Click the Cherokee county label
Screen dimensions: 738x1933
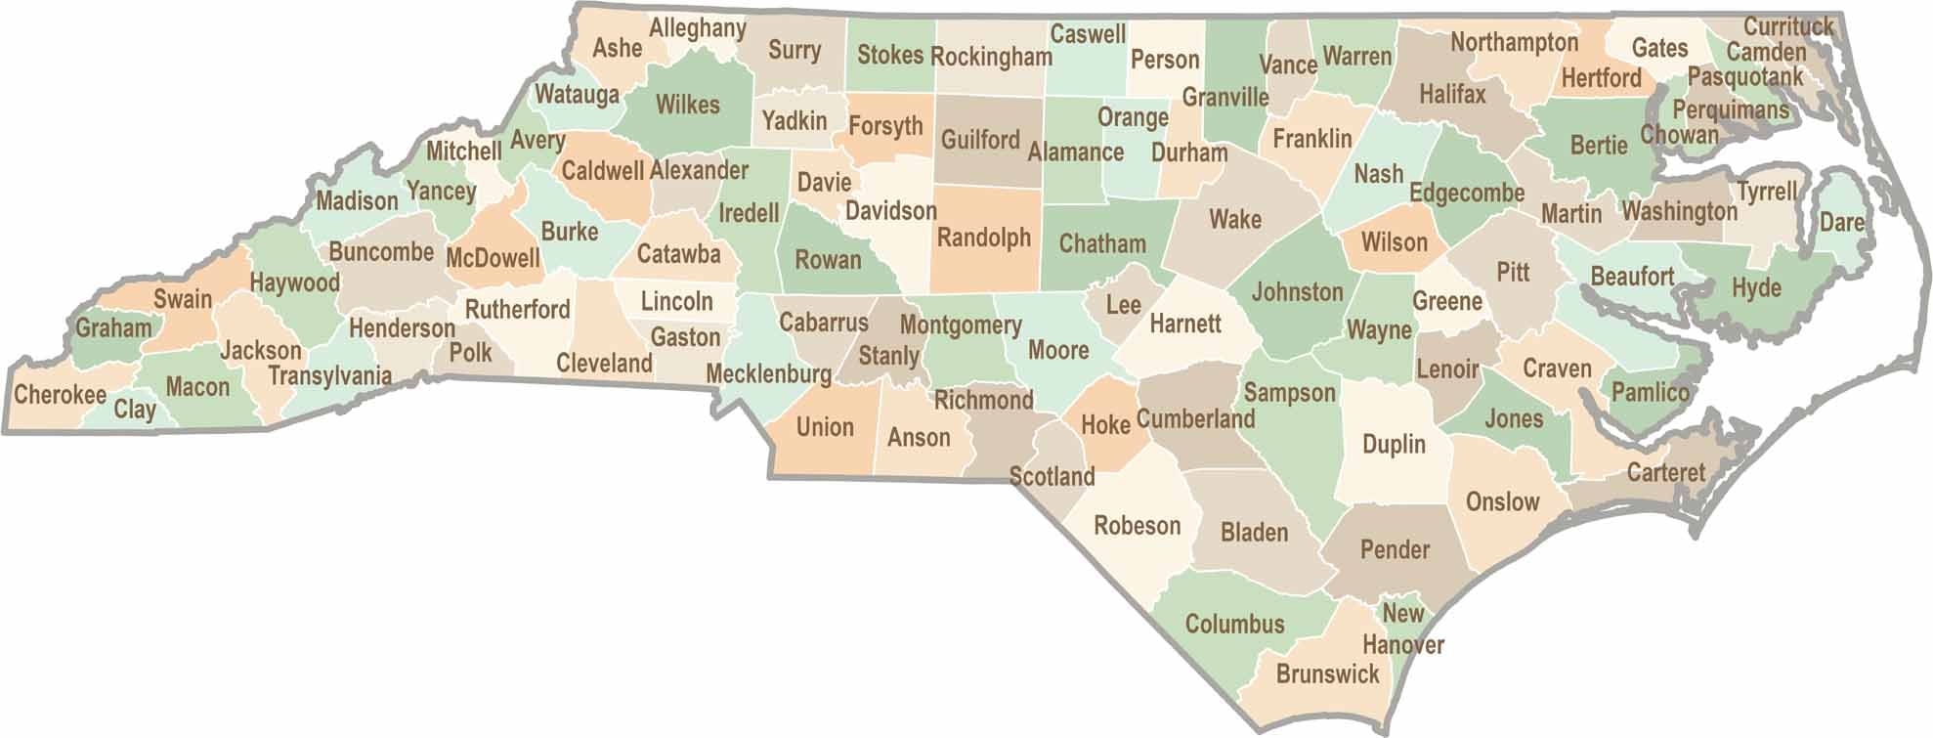[x=60, y=395]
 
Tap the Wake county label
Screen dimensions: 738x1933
[x=1235, y=219]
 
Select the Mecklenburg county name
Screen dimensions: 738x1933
[x=768, y=373]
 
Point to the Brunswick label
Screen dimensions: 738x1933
[x=1327, y=673]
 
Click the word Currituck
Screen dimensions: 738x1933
[x=1788, y=26]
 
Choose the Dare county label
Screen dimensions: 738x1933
[x=1841, y=222]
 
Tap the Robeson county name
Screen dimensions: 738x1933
[x=1137, y=526]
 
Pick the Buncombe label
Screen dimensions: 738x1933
[x=381, y=252]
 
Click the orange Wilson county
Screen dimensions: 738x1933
[x=1394, y=241]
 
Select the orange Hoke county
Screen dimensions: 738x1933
[x=1105, y=424]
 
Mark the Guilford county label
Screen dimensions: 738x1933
[x=980, y=140]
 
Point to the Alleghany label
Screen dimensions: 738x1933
[x=697, y=28]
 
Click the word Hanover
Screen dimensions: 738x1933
[x=1402, y=644]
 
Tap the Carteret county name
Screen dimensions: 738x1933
[x=1665, y=472]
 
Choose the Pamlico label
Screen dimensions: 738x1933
[x=1650, y=392]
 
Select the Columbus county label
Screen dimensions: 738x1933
[x=1234, y=624]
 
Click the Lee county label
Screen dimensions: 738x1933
[x=1123, y=304]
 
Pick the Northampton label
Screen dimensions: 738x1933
[x=1514, y=42]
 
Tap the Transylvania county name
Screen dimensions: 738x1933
[x=329, y=375]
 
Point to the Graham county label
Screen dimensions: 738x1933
[x=113, y=327]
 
